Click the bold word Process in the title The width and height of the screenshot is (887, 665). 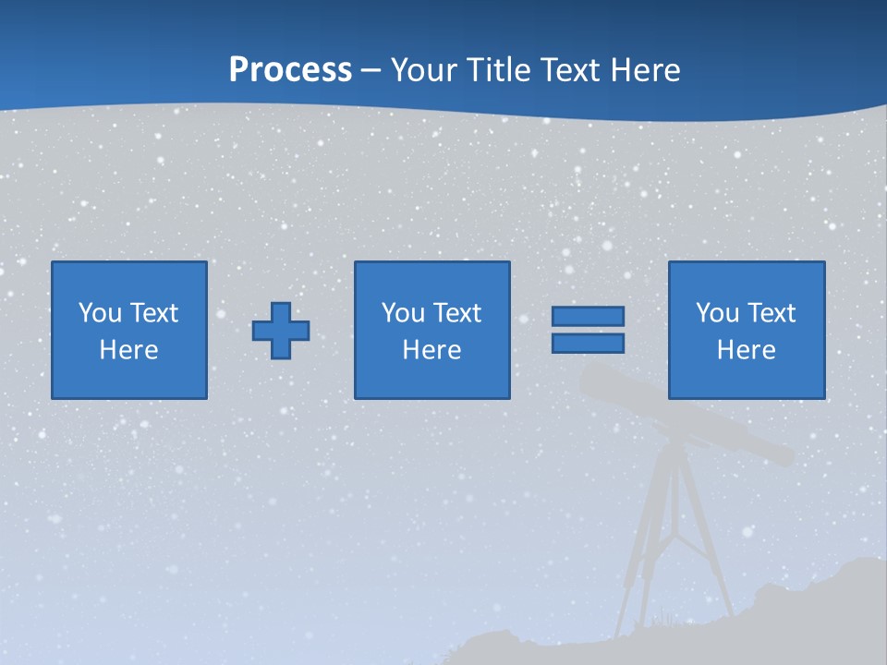290,70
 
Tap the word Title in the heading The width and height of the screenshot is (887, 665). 497,70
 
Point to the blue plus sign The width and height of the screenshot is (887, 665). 281,331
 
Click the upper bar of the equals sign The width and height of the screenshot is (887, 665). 588,317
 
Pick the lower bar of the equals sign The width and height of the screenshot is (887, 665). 588,343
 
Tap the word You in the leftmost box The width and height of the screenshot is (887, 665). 100,313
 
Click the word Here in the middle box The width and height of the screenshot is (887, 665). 432,350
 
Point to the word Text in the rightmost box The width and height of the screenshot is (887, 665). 771,313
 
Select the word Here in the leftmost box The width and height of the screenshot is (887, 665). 129,350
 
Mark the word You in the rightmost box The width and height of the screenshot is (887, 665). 717,313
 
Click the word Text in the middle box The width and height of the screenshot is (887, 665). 456,313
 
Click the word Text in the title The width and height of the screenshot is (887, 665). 571,70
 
